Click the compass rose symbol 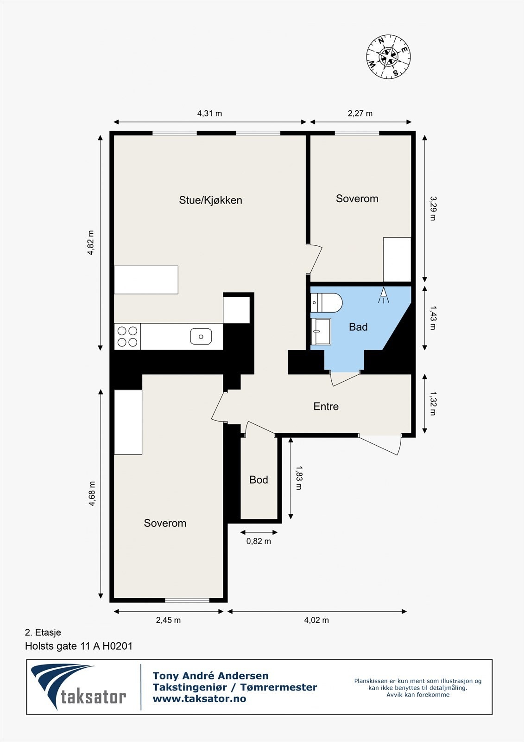388,56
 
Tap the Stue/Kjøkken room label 210,200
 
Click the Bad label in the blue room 358,327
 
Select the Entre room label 326,406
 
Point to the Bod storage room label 259,480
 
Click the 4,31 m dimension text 209,113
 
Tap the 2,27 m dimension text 360,113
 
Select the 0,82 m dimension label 259,541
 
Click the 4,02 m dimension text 316,620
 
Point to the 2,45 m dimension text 168,620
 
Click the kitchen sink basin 201,336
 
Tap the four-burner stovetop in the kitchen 127,336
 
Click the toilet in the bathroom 326,302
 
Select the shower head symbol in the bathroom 384,295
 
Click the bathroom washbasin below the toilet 321,332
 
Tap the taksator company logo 78,687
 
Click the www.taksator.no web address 199,699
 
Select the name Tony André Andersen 210,675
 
